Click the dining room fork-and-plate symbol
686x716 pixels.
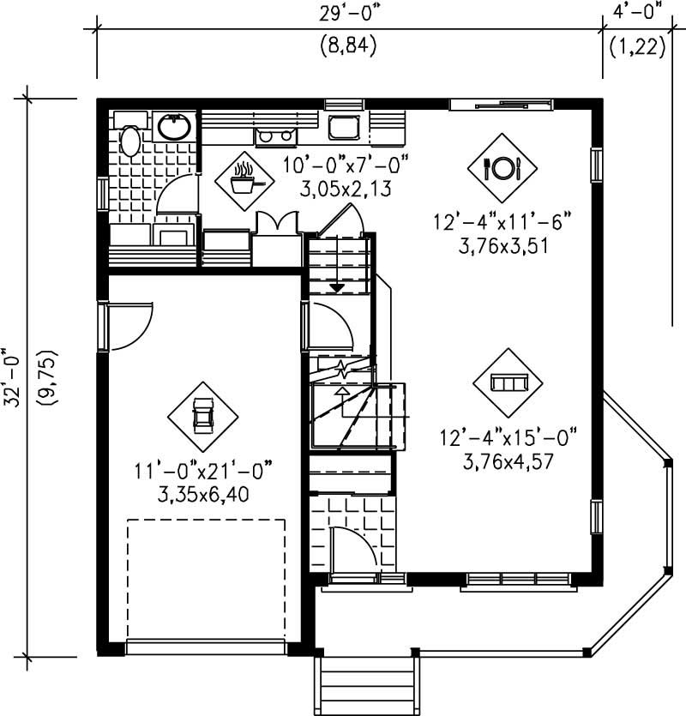tap(502, 167)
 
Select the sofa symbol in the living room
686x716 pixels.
tap(508, 382)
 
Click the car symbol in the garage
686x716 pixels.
tap(202, 416)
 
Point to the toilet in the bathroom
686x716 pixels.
tap(130, 140)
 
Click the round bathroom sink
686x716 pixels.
tap(175, 127)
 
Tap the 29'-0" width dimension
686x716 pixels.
tap(349, 14)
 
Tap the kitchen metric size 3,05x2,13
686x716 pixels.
tap(346, 189)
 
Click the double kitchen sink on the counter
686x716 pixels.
tap(275, 135)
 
